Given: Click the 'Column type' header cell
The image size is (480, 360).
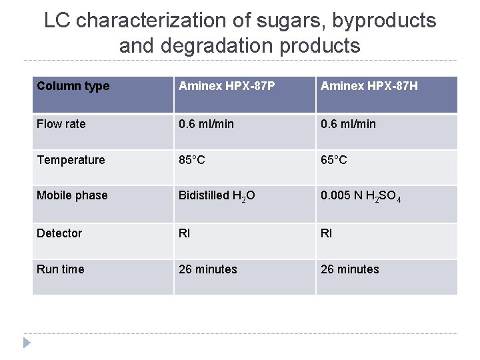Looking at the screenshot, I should coord(73,86).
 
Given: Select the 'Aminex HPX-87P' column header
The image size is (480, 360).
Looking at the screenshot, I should coord(227,86).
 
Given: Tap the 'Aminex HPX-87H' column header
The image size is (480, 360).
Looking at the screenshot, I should coord(369,86).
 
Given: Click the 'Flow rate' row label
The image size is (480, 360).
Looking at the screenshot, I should coord(61,123).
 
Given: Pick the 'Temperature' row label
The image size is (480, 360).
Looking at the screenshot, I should coord(71,160).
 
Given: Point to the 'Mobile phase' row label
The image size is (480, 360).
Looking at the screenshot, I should coord(72,195).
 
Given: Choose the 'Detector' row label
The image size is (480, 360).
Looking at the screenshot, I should coord(59,233).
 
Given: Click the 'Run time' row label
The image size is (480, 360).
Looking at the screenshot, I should coord(61,269).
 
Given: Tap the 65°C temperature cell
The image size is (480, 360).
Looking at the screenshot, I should coord(334,160).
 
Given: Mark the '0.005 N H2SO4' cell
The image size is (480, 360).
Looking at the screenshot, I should coord(361,196).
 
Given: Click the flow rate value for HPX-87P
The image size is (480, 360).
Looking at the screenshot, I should coord(206,123).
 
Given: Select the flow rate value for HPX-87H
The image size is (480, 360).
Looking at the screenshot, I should coord(348,123).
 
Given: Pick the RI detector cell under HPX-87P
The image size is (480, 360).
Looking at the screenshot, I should coord(184,233).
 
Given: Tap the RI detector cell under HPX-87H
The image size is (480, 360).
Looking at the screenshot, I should coord(326,233).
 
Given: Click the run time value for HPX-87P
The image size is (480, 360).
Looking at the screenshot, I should coord(208,269).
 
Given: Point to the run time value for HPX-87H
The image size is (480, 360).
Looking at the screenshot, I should coord(350,269).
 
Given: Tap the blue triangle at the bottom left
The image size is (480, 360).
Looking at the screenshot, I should coord(27,343).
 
